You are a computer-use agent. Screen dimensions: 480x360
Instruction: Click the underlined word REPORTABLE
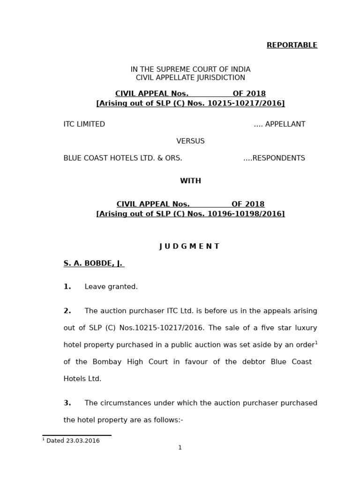click(x=292, y=45)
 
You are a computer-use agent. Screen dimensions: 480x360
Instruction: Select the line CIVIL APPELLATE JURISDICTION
click(x=190, y=78)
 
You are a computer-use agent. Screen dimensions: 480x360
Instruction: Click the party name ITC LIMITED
click(x=84, y=124)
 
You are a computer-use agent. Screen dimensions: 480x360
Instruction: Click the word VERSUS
click(x=190, y=141)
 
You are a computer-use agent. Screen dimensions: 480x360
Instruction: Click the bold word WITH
click(x=190, y=181)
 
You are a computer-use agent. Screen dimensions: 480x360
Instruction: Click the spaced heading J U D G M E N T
click(x=189, y=247)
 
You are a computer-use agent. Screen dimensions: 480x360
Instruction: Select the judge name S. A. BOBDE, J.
click(x=93, y=263)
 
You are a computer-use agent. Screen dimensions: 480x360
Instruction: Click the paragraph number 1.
click(x=67, y=287)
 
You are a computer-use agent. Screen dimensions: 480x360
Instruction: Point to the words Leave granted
click(x=111, y=287)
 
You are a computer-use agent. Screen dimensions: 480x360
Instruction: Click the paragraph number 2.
click(x=67, y=311)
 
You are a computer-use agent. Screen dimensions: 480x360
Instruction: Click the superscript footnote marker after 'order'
click(x=316, y=343)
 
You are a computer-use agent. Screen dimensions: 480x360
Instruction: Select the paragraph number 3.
click(x=67, y=403)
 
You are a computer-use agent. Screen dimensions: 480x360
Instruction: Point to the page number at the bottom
click(x=180, y=448)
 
